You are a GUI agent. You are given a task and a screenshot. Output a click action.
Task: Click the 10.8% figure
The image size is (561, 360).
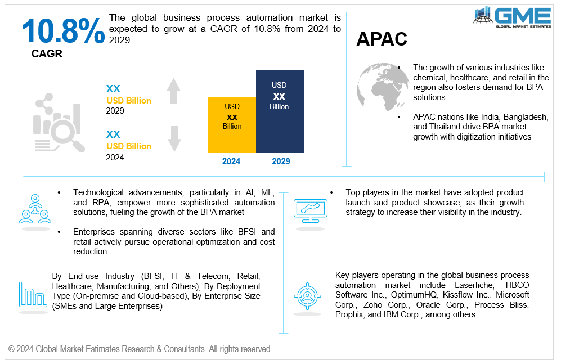click(x=63, y=31)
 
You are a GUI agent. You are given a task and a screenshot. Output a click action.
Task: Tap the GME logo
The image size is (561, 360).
click(x=512, y=16)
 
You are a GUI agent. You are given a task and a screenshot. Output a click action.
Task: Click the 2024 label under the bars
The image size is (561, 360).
click(x=231, y=161)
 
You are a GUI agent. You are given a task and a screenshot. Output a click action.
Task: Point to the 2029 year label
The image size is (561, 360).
click(x=281, y=161)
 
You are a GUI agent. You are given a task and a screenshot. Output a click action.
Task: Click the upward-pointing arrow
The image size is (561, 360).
click(x=174, y=91)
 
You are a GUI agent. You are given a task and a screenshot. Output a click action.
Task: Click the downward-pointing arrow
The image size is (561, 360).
click(x=174, y=138)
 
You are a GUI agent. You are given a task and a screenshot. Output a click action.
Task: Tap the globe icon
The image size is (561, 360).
click(x=383, y=87)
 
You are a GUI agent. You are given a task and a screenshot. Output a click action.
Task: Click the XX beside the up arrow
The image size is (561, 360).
click(x=113, y=89)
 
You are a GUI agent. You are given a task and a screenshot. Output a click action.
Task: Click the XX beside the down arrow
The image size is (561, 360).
click(x=113, y=134)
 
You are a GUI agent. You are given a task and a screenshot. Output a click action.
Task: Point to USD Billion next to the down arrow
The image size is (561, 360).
click(x=129, y=146)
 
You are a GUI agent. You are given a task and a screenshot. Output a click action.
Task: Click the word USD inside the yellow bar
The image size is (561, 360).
click(x=232, y=107)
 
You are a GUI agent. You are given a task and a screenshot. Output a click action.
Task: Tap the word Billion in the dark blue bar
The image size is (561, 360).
click(x=279, y=107)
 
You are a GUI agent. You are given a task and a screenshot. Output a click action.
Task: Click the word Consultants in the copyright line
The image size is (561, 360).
click(x=186, y=349)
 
